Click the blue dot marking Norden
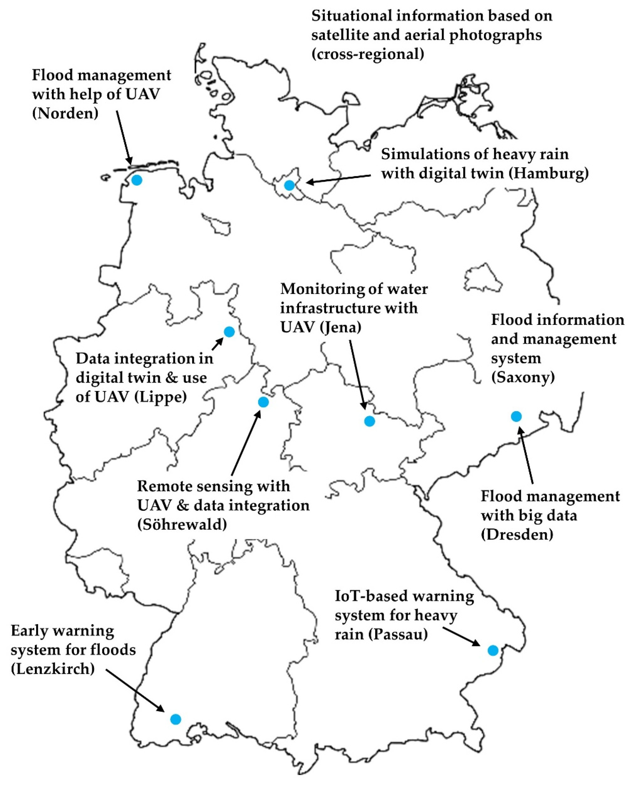tap(137, 180)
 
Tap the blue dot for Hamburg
tap(289, 185)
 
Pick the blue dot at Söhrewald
tap(263, 402)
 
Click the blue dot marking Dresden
tap(516, 416)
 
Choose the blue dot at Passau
tap(493, 650)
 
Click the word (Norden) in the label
tap(65, 114)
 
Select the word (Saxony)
tap(523, 377)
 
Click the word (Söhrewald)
tap(182, 525)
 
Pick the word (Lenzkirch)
tap(53, 669)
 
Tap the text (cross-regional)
tap(368, 54)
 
